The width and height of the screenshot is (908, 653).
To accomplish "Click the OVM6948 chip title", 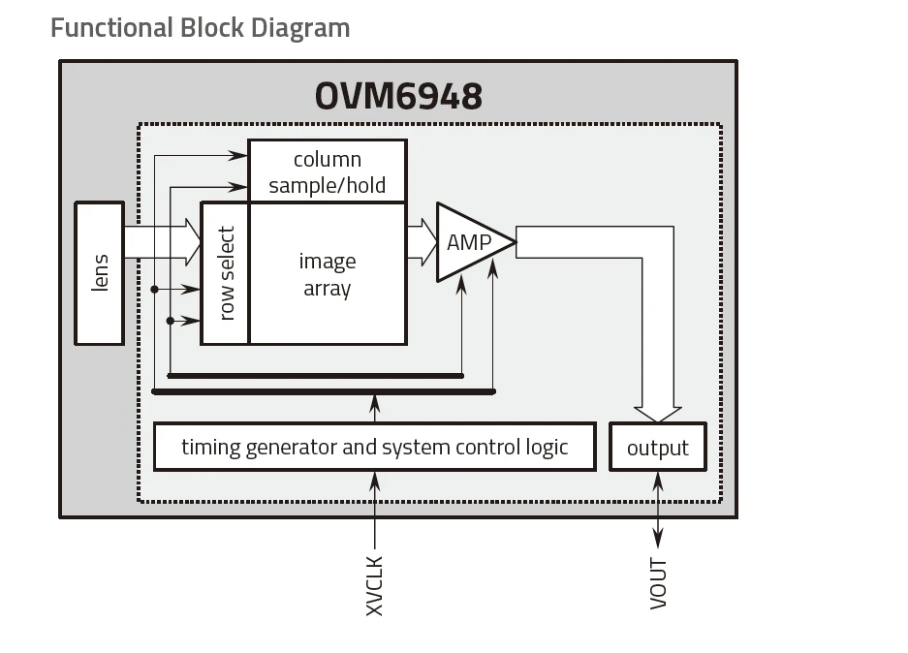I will (398, 96).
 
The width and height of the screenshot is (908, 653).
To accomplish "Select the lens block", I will (100, 273).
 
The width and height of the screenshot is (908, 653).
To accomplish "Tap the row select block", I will (226, 273).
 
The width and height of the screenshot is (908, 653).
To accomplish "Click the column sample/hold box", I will (328, 171).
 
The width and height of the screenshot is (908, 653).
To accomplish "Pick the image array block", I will (328, 274).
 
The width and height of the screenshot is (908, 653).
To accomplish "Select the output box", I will (657, 448).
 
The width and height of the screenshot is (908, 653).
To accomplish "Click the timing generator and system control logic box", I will (374, 447).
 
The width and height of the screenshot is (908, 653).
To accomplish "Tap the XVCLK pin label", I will (375, 584).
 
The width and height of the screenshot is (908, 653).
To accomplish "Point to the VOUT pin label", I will (659, 583).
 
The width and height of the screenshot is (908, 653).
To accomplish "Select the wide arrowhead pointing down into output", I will (657, 414).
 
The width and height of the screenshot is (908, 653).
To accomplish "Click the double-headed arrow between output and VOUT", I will (658, 510).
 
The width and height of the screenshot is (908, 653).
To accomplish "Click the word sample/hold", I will (328, 185).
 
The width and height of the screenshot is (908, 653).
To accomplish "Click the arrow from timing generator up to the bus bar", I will (375, 407).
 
